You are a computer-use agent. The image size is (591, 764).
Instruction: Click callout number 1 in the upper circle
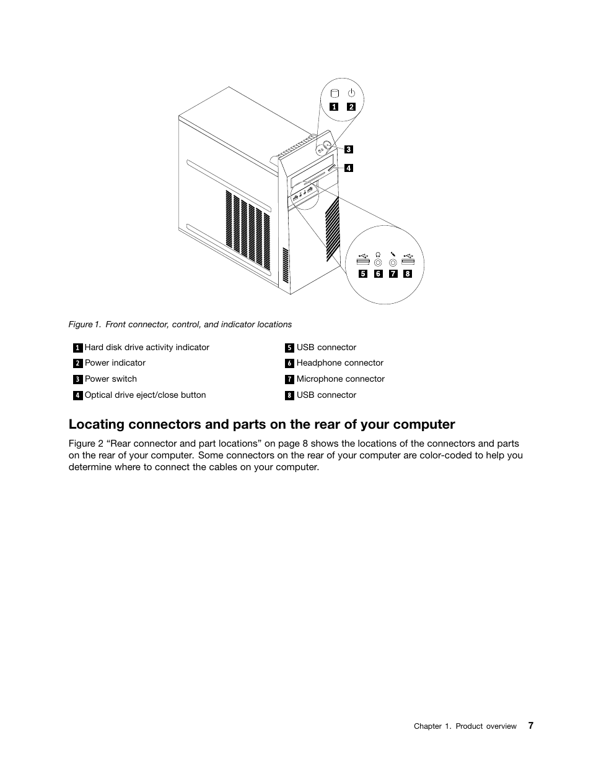click(x=334, y=106)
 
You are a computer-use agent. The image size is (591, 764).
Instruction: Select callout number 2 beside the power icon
click(x=351, y=106)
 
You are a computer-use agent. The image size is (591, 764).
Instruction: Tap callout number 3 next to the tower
click(x=349, y=149)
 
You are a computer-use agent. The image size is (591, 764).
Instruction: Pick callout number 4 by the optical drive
click(x=349, y=168)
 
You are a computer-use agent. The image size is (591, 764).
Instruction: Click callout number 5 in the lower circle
click(x=362, y=273)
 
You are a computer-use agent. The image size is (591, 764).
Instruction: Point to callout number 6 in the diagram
click(x=378, y=273)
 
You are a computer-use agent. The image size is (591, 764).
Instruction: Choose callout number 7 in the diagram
click(x=393, y=273)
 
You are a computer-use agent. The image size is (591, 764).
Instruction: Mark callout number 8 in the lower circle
click(x=408, y=273)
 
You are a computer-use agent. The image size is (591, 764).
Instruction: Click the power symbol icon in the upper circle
click(x=351, y=93)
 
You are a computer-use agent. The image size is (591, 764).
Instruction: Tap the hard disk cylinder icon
click(x=335, y=94)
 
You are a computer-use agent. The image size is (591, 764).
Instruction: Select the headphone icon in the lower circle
click(x=378, y=254)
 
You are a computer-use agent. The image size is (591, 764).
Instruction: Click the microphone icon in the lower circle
click(x=393, y=254)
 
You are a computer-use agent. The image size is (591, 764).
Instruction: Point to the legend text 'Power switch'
click(x=111, y=379)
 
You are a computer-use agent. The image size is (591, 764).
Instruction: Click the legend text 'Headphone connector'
click(x=339, y=363)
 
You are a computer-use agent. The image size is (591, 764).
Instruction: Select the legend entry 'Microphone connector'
click(x=340, y=379)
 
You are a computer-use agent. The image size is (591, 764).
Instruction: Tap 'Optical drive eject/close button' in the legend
click(x=145, y=395)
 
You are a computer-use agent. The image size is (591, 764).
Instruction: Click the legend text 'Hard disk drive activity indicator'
click(x=147, y=348)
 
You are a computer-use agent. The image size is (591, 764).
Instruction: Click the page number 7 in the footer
click(x=531, y=726)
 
